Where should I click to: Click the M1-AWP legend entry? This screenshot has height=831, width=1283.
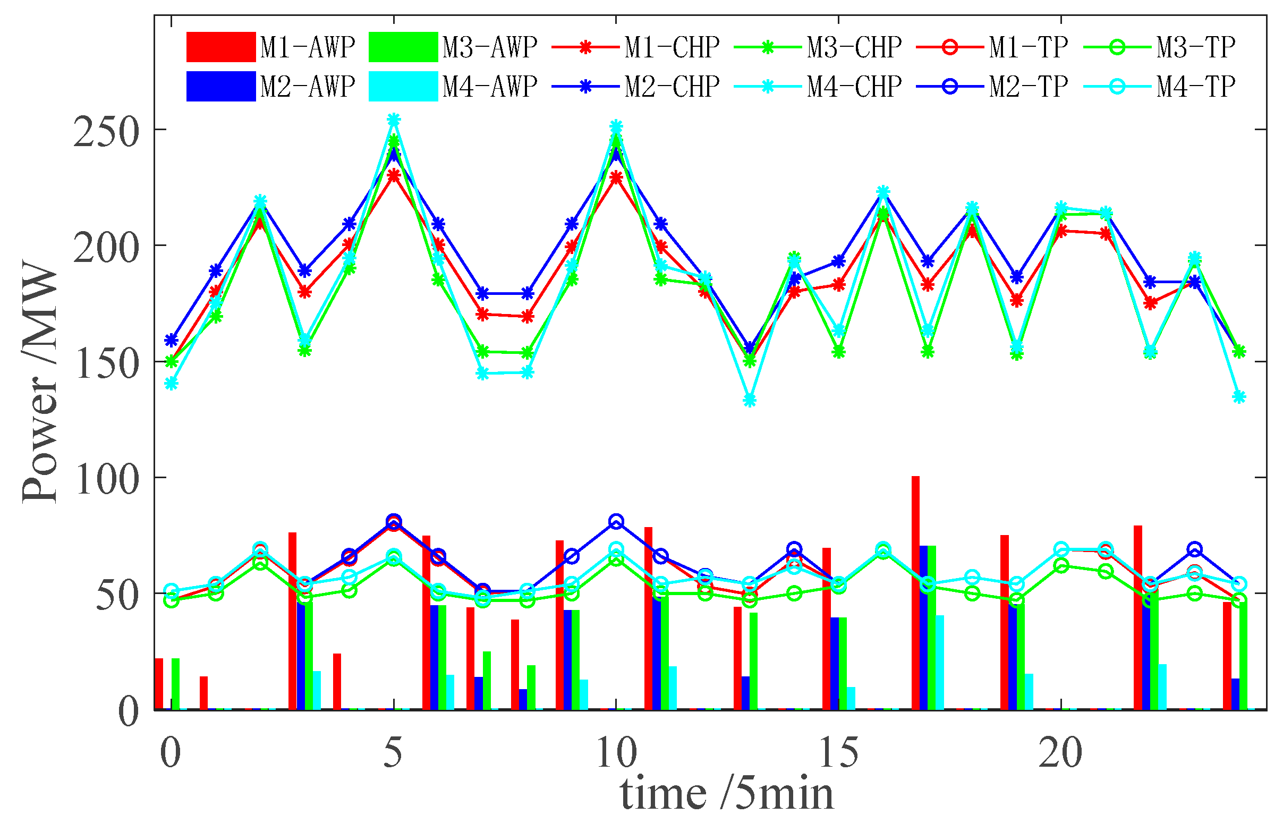click(x=269, y=47)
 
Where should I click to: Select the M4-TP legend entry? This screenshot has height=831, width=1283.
click(x=1159, y=86)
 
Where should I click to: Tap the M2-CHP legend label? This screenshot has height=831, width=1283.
click(x=672, y=86)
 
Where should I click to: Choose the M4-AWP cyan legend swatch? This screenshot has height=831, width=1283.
click(x=403, y=86)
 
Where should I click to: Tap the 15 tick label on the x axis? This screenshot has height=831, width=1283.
click(x=838, y=753)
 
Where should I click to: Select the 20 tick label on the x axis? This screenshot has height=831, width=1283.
click(x=1060, y=753)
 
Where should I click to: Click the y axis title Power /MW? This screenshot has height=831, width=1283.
click(x=40, y=383)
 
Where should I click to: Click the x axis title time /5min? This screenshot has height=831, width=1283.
click(x=727, y=794)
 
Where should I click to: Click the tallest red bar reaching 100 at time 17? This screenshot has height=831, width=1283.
click(x=915, y=593)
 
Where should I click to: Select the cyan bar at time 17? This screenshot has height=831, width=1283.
click(x=940, y=662)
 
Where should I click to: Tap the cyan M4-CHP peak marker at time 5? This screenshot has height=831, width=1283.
click(x=394, y=119)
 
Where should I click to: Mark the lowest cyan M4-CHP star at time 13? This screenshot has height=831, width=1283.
click(x=749, y=400)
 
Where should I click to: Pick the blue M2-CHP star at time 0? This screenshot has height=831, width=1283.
click(x=172, y=340)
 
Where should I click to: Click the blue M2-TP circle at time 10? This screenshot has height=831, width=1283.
click(x=616, y=521)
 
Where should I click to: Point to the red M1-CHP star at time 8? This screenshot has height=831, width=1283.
click(x=528, y=317)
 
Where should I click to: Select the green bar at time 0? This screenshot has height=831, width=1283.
click(x=175, y=684)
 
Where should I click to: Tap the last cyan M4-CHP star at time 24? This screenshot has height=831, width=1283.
click(x=1239, y=397)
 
